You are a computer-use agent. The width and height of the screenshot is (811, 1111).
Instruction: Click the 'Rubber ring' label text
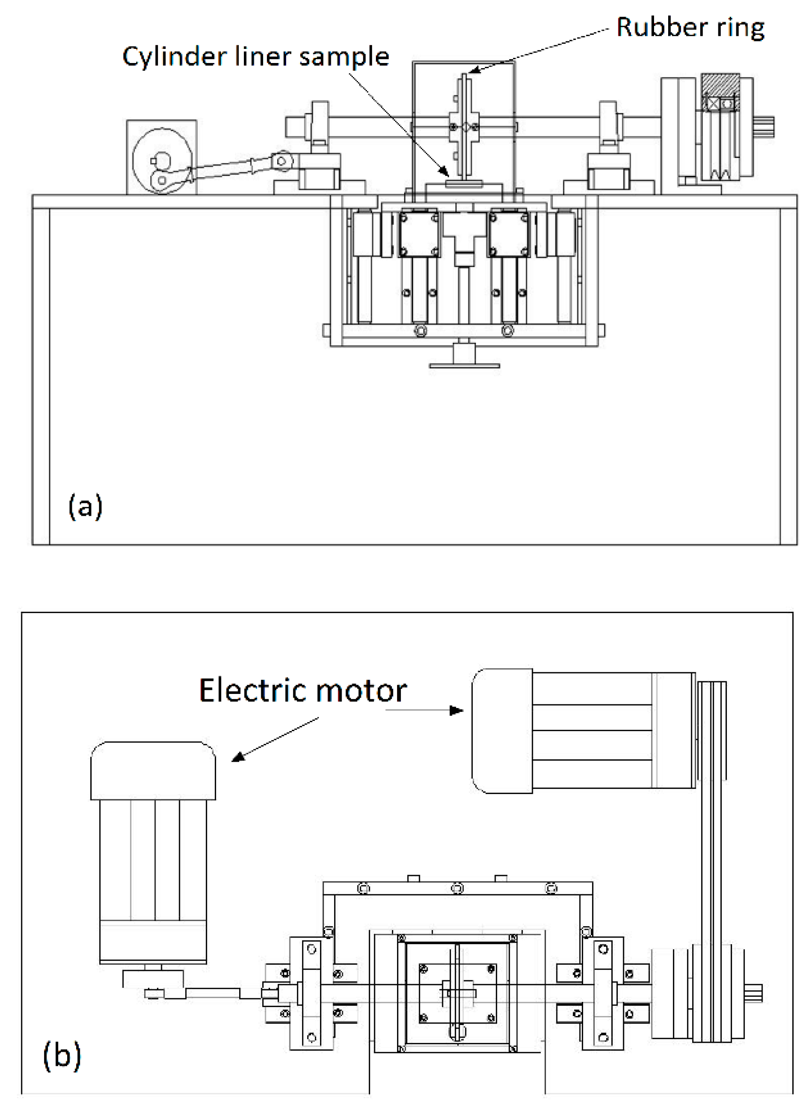pos(690,28)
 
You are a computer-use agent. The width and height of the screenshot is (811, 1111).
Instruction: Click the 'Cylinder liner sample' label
pos(255,56)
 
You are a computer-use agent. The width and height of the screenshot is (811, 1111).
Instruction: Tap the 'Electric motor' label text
pos(303,691)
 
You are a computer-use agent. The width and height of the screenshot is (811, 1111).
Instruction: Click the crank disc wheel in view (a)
pos(162,160)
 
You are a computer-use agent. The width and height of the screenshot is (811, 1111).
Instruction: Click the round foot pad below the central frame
pos(464,365)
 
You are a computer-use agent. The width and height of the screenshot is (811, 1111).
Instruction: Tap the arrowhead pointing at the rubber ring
pos(472,71)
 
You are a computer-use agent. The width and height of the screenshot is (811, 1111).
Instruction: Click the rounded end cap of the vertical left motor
pos(153,770)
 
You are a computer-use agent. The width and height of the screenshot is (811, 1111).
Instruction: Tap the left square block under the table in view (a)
pos(418,233)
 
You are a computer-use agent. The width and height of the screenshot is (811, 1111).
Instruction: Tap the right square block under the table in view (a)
pos(508,233)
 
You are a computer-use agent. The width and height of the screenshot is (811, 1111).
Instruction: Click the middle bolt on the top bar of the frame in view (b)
pos(457,888)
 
